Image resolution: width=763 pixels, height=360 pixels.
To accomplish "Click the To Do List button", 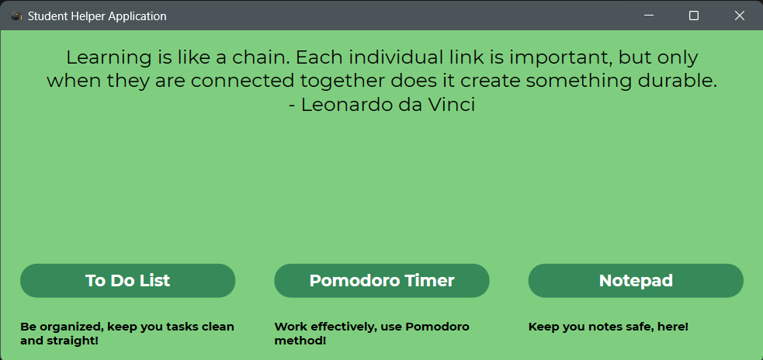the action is [x=127, y=281].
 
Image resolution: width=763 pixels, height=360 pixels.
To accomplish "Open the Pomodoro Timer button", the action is [x=382, y=281].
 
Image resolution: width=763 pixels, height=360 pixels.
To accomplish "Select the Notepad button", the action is [x=636, y=281].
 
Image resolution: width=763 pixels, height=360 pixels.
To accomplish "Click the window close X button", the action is [x=739, y=16].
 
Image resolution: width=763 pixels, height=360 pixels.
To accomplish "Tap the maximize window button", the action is [x=694, y=16].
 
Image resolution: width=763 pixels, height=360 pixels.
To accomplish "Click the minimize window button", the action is [x=649, y=16].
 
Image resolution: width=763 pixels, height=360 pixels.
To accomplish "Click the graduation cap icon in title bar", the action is [x=16, y=16].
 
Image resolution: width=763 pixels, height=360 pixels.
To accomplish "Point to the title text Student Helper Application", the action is [x=97, y=16].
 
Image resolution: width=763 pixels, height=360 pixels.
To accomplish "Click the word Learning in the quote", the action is [x=109, y=58].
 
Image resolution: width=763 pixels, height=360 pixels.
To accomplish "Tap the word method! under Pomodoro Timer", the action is [x=300, y=341].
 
